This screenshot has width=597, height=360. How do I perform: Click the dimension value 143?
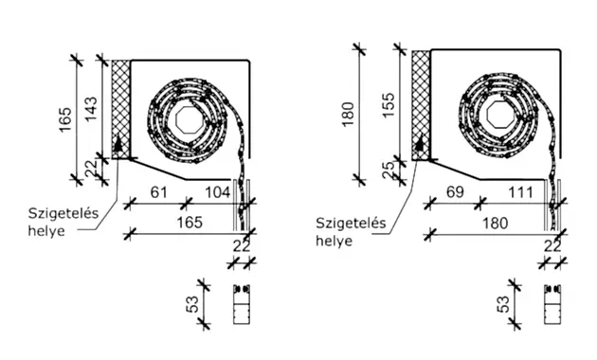pyautogui.click(x=91, y=110)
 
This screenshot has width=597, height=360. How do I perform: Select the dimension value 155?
pyautogui.click(x=389, y=105)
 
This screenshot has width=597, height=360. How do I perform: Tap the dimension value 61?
pyautogui.click(x=159, y=192)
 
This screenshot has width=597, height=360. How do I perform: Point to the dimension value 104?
pyautogui.click(x=218, y=192)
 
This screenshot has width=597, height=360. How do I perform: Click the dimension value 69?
pyautogui.click(x=455, y=192)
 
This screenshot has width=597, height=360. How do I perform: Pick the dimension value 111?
pyautogui.click(x=521, y=192)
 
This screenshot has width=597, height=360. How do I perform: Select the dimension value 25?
pyautogui.click(x=389, y=171)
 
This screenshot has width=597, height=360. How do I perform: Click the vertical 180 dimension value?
pyautogui.click(x=349, y=115)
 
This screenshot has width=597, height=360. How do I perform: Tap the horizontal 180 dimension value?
pyautogui.click(x=496, y=223)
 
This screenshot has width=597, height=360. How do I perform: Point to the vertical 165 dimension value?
pyautogui.click(x=65, y=119)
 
